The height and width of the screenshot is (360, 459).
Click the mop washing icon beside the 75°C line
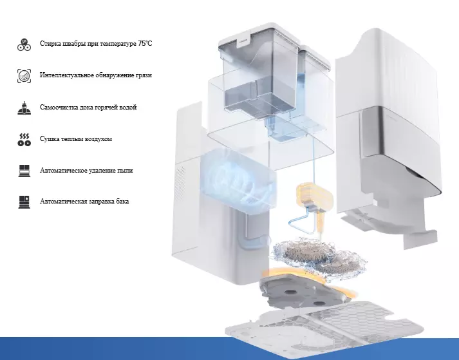pyautogui.click(x=24, y=44)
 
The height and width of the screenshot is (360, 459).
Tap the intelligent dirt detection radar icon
pyautogui.click(x=24, y=76)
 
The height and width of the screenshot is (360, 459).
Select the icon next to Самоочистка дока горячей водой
pyautogui.click(x=24, y=108)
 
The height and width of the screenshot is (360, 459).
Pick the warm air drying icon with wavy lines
pyautogui.click(x=24, y=140)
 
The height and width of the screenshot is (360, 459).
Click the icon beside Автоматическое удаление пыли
pyautogui.click(x=24, y=171)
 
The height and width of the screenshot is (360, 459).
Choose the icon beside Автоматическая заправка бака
pyautogui.click(x=24, y=202)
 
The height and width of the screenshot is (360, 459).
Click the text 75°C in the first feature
pyautogui.click(x=145, y=44)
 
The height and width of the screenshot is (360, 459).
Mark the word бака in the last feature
pyautogui.click(x=122, y=201)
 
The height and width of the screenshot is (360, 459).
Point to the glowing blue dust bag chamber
pyautogui.click(x=238, y=178)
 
